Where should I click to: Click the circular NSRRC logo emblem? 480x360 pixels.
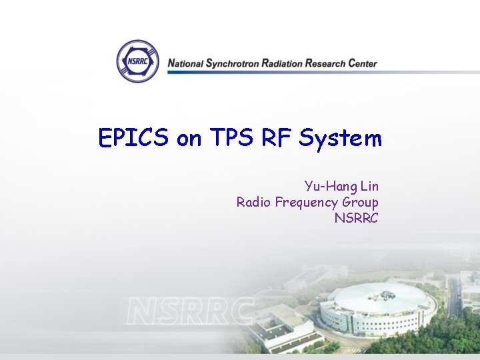coord(138,61)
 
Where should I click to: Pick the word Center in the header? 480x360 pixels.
coord(362,64)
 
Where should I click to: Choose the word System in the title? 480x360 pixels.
coord(341,139)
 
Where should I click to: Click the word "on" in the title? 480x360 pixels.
coord(189,140)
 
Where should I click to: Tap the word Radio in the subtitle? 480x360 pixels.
coord(254,201)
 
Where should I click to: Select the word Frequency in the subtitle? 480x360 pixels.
coord(307,203)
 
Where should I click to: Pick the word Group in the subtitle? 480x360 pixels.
coord(361,203)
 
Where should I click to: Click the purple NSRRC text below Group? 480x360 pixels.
coord(356,217)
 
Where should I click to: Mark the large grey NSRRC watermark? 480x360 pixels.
coord(191,311)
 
